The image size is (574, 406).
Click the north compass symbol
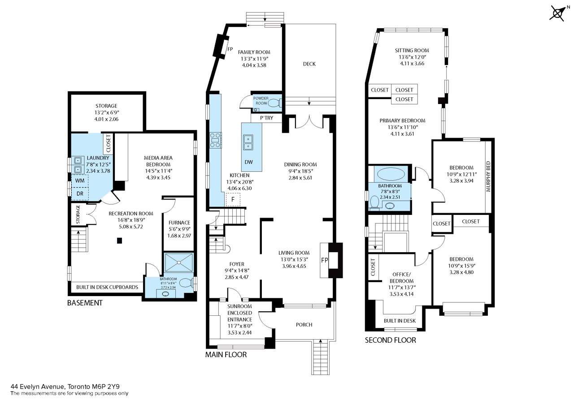click(557, 13)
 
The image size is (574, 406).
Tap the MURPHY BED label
click(488, 176)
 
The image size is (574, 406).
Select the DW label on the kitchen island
click(248, 162)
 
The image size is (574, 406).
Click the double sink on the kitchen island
click(248, 143)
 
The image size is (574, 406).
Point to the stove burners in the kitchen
click(216, 140)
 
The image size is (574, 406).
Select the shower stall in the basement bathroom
click(178, 262)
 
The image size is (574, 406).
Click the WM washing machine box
click(80, 181)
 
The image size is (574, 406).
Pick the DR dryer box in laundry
click(80, 194)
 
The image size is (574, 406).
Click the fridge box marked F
click(233, 200)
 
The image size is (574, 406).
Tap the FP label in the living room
click(324, 260)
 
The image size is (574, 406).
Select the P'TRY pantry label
click(266, 118)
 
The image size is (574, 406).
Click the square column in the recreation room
click(119, 240)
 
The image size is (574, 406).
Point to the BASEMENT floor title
click(85, 303)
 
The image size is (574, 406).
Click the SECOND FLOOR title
click(391, 340)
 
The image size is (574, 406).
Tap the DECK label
click(309, 64)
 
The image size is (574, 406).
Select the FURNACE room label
click(179, 223)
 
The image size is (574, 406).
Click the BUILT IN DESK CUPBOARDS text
click(107, 287)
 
